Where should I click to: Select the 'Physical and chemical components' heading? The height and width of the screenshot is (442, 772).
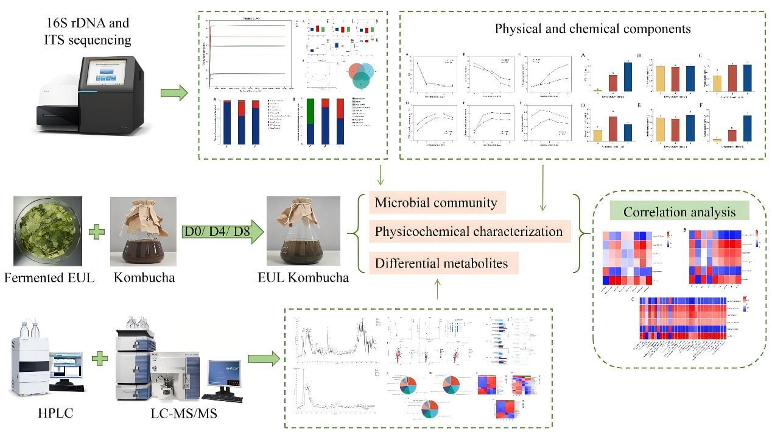[592, 28]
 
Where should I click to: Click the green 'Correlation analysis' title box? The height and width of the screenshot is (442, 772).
[679, 212]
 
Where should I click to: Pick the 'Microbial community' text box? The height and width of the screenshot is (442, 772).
[436, 203]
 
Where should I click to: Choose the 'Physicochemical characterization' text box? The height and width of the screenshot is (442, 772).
[469, 232]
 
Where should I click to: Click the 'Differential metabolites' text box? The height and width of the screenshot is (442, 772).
[443, 263]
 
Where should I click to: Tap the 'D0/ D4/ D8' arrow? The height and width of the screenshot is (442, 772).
[222, 232]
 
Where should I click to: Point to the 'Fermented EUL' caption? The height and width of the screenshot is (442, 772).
[49, 278]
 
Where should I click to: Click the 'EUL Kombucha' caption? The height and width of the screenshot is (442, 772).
[303, 278]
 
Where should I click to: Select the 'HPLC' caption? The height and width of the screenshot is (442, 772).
[55, 413]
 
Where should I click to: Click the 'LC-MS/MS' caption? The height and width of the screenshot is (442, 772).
[184, 414]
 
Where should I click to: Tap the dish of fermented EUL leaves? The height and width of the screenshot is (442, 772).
[47, 231]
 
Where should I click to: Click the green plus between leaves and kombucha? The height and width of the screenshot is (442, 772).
[96, 232]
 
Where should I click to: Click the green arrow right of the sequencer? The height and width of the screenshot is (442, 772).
[174, 93]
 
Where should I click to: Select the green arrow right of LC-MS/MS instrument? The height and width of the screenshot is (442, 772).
[263, 358]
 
